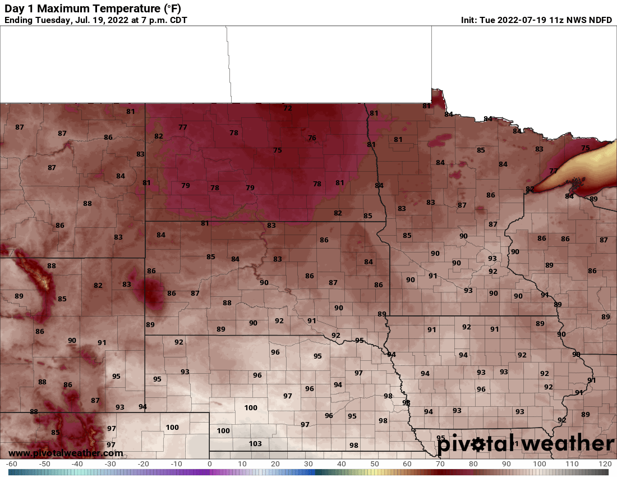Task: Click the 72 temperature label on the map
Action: point(288,108)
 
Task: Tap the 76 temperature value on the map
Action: point(312,138)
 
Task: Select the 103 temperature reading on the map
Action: point(255,443)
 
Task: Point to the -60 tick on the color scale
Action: point(11,465)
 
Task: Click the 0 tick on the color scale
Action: point(209,465)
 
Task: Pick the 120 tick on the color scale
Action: point(605,465)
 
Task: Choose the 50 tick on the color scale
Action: point(374,465)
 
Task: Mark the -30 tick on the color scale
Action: point(110,465)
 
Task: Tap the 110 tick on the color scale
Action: point(572,465)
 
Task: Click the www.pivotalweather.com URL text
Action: point(66,453)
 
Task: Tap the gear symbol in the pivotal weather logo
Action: point(478,445)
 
